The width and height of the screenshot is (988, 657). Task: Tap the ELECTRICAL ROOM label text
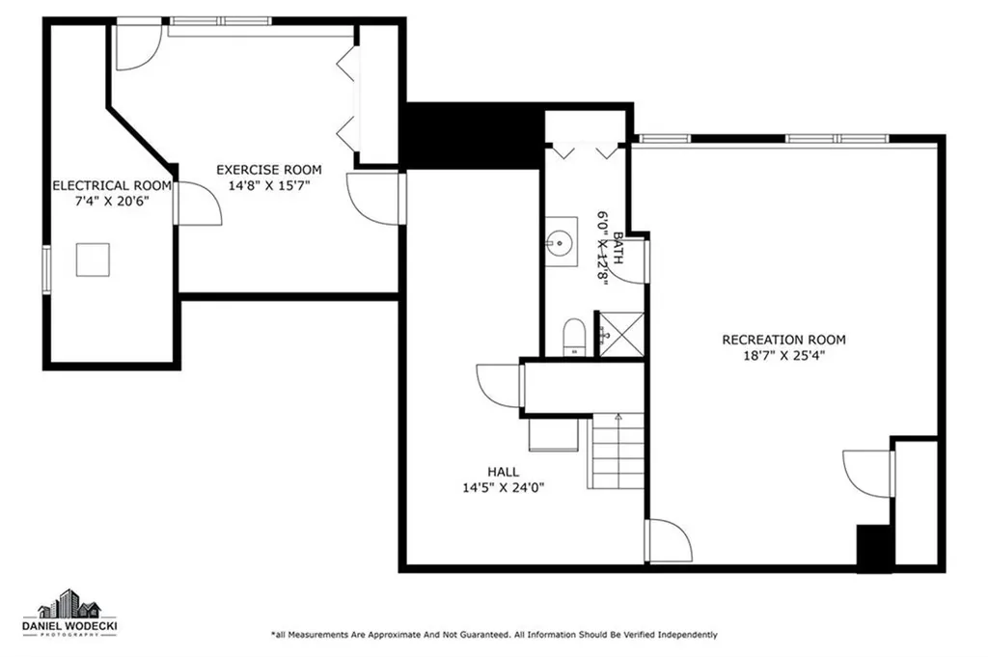click(112, 185)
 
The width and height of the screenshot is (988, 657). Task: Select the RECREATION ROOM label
click(783, 340)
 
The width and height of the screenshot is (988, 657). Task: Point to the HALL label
click(503, 472)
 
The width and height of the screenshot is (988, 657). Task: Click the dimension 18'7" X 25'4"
click(783, 355)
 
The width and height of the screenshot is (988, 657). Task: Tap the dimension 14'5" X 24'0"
click(503, 487)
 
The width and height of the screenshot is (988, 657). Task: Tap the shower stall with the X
click(619, 334)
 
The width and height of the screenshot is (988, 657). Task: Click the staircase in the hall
click(617, 450)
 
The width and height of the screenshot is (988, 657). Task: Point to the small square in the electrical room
click(93, 260)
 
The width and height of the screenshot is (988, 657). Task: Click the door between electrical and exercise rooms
click(196, 204)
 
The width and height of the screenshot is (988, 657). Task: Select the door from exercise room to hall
click(374, 199)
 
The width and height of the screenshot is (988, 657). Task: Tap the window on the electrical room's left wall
click(46, 266)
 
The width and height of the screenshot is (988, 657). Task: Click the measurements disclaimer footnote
click(493, 635)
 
